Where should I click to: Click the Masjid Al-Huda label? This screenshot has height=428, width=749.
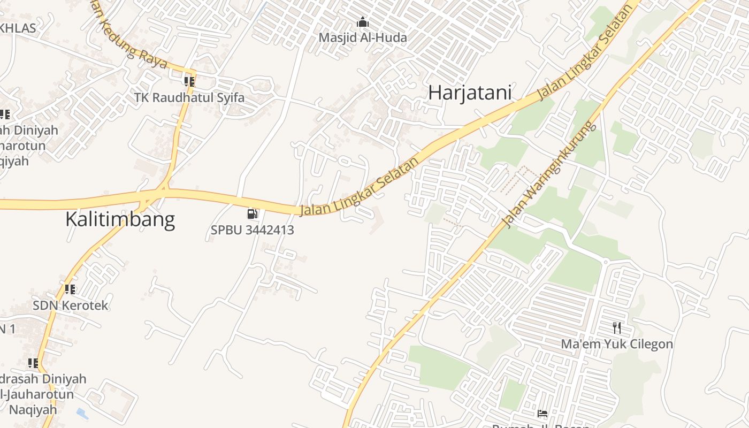click(x=363, y=37)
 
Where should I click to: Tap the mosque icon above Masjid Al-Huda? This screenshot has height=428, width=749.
click(x=363, y=22)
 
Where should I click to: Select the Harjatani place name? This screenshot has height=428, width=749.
click(x=470, y=93)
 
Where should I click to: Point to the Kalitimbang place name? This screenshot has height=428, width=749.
click(x=120, y=219)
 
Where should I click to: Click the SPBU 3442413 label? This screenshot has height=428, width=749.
click(x=252, y=230)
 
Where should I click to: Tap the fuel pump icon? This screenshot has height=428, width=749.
click(x=252, y=215)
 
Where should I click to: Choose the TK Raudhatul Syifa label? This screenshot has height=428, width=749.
click(x=189, y=97)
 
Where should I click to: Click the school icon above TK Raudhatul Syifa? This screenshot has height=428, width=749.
click(x=189, y=82)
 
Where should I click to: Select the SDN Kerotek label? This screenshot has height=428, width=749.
click(x=71, y=305)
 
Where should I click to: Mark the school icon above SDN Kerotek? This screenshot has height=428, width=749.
click(x=70, y=289)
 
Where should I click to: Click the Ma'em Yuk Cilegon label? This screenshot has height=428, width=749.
click(x=617, y=343)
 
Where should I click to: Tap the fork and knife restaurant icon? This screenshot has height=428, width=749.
click(x=617, y=328)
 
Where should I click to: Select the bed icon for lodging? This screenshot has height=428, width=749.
click(x=542, y=414)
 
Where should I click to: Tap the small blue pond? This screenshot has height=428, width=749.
click(x=82, y=414)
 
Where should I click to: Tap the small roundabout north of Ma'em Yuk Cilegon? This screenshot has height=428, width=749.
click(x=606, y=262)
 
